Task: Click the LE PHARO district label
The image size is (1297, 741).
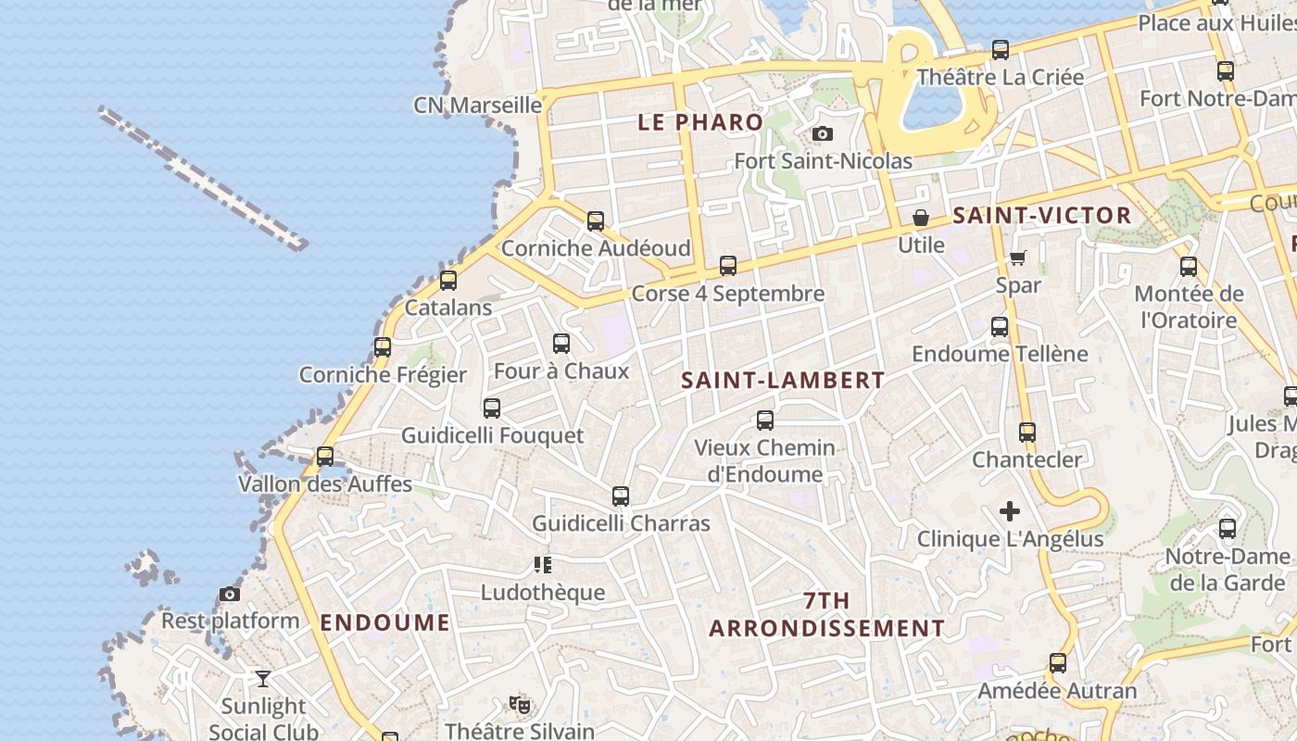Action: [700, 121]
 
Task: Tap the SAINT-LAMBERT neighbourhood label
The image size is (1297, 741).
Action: [783, 380]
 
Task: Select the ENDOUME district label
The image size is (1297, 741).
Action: [384, 622]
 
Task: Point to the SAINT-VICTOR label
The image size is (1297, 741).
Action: [1042, 216]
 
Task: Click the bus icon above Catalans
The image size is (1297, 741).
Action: [448, 280]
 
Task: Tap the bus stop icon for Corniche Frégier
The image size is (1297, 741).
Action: [383, 347]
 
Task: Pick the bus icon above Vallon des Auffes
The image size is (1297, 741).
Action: [324, 457]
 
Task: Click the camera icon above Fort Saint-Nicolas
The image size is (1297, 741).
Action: [822, 134]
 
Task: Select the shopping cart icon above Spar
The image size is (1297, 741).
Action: [1018, 258]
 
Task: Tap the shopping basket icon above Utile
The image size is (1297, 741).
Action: [921, 219]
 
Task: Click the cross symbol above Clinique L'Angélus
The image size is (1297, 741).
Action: [1010, 511]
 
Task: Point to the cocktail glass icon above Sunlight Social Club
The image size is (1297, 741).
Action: [263, 679]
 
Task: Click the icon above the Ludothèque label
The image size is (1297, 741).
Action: [543, 565]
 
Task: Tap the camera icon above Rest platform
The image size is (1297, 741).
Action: [230, 594]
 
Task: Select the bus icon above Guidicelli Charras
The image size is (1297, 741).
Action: [621, 496]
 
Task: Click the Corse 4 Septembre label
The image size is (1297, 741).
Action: [727, 294]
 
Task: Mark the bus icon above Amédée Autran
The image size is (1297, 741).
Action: [1058, 663]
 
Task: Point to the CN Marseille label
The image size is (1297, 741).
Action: [477, 105]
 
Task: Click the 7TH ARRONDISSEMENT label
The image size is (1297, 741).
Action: [827, 614]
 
